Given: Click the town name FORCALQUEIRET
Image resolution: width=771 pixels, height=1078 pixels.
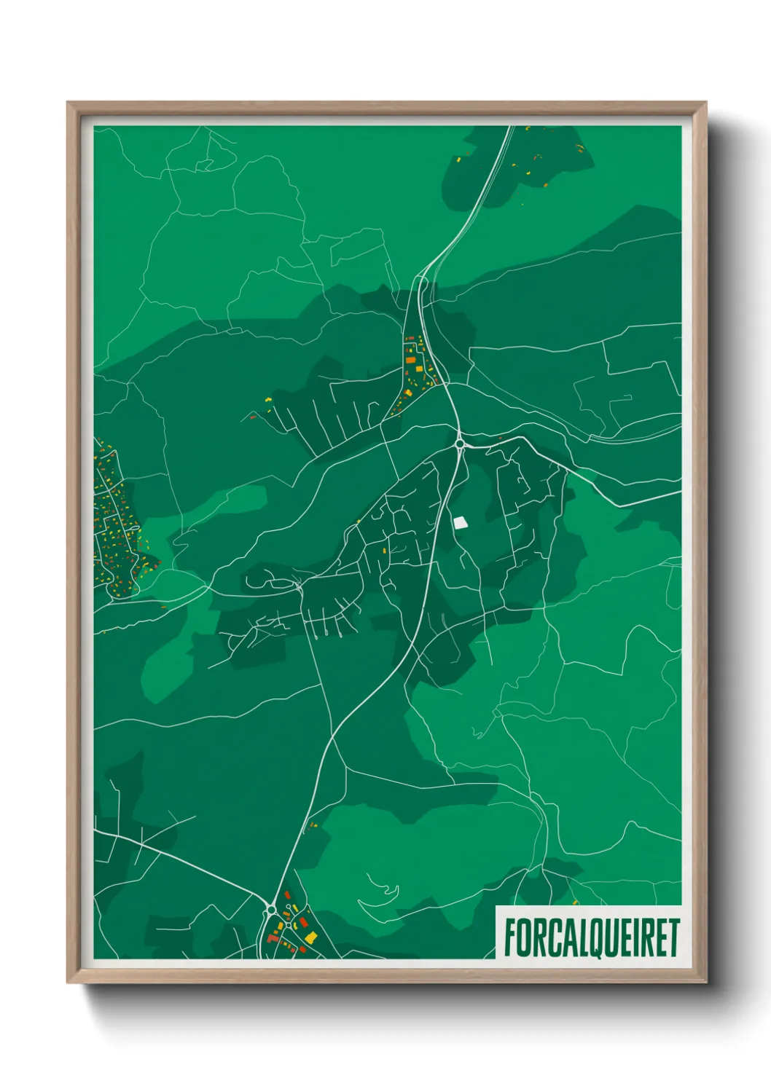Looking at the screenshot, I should coord(591,937).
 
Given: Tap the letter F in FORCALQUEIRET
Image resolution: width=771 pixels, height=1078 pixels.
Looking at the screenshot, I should coord(510,937).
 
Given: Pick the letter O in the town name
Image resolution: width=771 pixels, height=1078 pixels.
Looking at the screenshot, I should coord(525,937).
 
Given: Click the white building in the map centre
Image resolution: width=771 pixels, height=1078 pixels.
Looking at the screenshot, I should coord(460,522).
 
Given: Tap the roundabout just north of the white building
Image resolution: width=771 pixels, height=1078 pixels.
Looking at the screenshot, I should coord(460,443).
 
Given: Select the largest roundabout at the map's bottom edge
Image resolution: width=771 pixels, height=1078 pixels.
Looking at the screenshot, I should coord(271,909).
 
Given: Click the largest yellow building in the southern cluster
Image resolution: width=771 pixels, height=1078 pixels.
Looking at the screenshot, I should coord(311,936).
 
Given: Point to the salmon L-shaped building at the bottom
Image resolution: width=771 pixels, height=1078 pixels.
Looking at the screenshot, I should coord(273,938).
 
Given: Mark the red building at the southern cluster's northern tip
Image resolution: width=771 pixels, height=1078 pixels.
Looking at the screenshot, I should coord(287,894).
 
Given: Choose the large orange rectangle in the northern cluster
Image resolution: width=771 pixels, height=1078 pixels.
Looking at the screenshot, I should coord(411,360).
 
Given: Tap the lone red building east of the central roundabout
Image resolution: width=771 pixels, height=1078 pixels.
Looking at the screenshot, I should coord(501,438).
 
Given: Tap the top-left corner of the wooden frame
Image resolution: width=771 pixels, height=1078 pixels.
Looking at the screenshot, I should coord(68,103).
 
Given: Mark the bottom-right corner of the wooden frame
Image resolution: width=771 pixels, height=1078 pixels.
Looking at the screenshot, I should coord(705,983).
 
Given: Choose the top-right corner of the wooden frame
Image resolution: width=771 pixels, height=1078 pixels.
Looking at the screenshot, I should coord(705,103).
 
